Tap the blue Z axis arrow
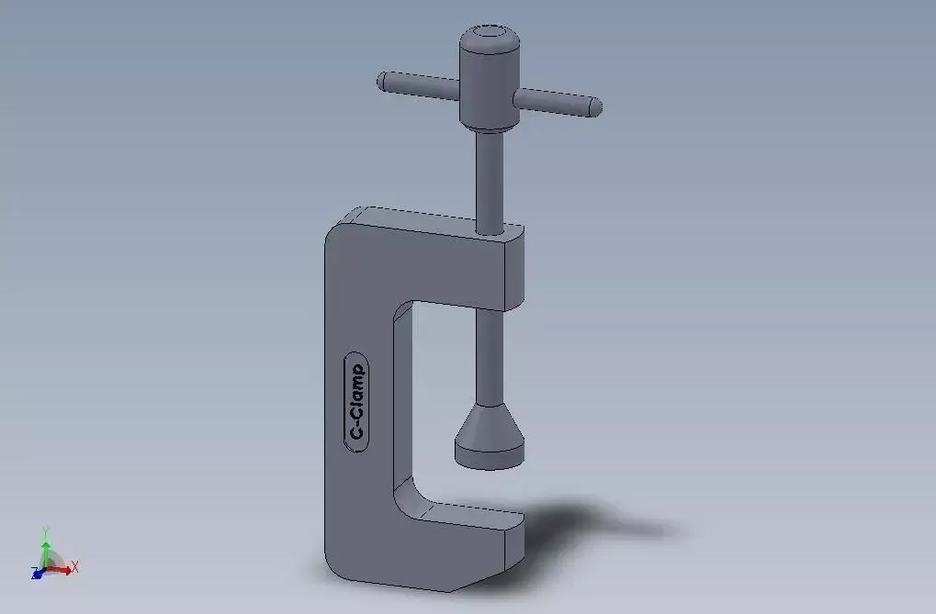pos(38,574)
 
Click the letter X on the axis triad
pos(75,566)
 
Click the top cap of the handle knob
pos(490,39)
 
